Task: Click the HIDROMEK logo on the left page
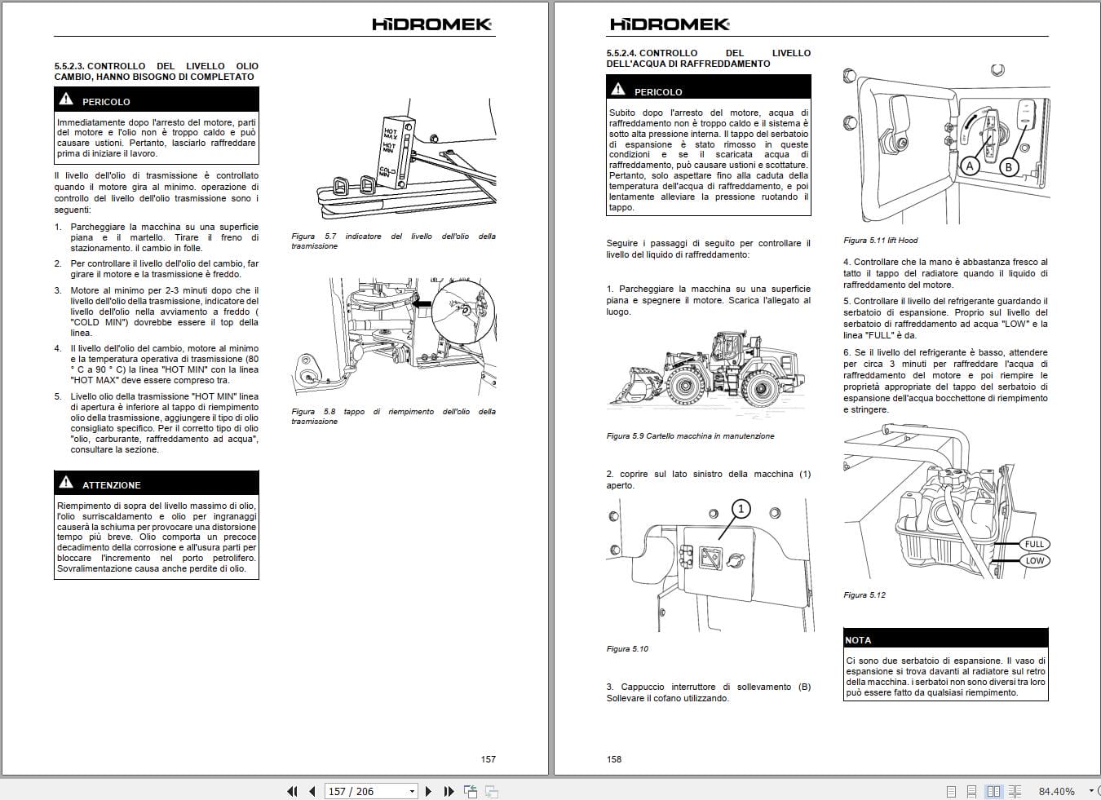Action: (x=431, y=24)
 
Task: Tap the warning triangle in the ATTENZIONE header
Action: (x=66, y=483)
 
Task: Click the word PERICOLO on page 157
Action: (x=106, y=102)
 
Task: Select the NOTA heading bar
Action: (x=945, y=639)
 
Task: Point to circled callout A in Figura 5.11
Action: (x=970, y=166)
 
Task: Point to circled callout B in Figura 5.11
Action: (x=1008, y=167)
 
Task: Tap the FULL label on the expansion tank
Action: (x=1034, y=544)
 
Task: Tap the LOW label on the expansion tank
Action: (x=1034, y=560)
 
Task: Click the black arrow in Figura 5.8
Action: (x=422, y=304)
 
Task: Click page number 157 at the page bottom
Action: (x=488, y=759)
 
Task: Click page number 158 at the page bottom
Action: (x=614, y=759)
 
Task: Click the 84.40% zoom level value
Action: (x=1056, y=791)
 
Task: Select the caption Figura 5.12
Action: (x=864, y=595)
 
